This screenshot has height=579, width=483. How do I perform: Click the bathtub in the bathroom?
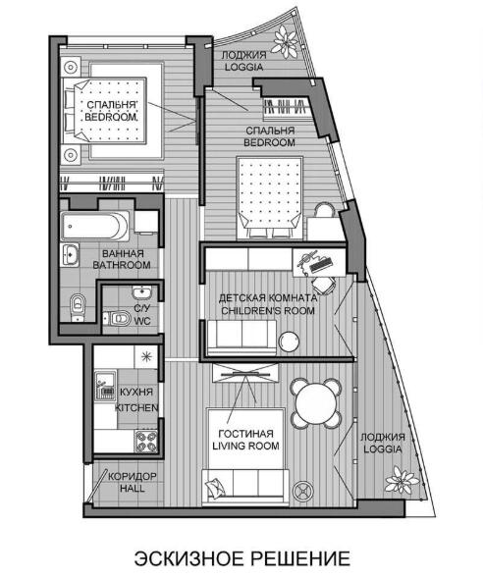(95, 226)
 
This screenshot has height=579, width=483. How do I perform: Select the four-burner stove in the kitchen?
(146, 441)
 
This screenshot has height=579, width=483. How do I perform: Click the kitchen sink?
(105, 387)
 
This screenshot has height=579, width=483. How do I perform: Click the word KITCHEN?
(136, 408)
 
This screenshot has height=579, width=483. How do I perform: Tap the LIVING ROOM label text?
(245, 447)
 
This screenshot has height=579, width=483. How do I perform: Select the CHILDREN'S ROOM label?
(268, 310)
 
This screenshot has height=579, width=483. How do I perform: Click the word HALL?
(133, 489)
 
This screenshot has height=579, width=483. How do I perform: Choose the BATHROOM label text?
(122, 265)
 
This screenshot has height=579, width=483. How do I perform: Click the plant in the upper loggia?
(286, 41)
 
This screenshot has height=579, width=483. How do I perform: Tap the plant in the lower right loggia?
(401, 481)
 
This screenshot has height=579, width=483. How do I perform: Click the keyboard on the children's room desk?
(320, 264)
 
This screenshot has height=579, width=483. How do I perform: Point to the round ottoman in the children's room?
(289, 342)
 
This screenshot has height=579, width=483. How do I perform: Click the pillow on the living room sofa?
(215, 488)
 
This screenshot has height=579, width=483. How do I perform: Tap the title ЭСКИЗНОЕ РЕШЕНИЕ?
(241, 558)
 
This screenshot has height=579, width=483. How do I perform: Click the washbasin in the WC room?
(141, 293)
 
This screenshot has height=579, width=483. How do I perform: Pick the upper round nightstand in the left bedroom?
(71, 67)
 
